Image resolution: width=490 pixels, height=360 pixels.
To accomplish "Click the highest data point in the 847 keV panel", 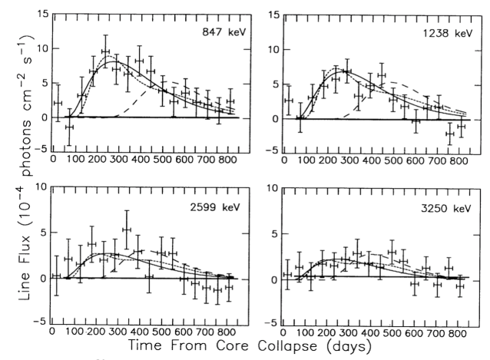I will point(105,51).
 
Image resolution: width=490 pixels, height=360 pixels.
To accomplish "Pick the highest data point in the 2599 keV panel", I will point(127,229).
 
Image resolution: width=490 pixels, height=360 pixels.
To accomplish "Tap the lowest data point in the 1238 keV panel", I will point(449,134).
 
